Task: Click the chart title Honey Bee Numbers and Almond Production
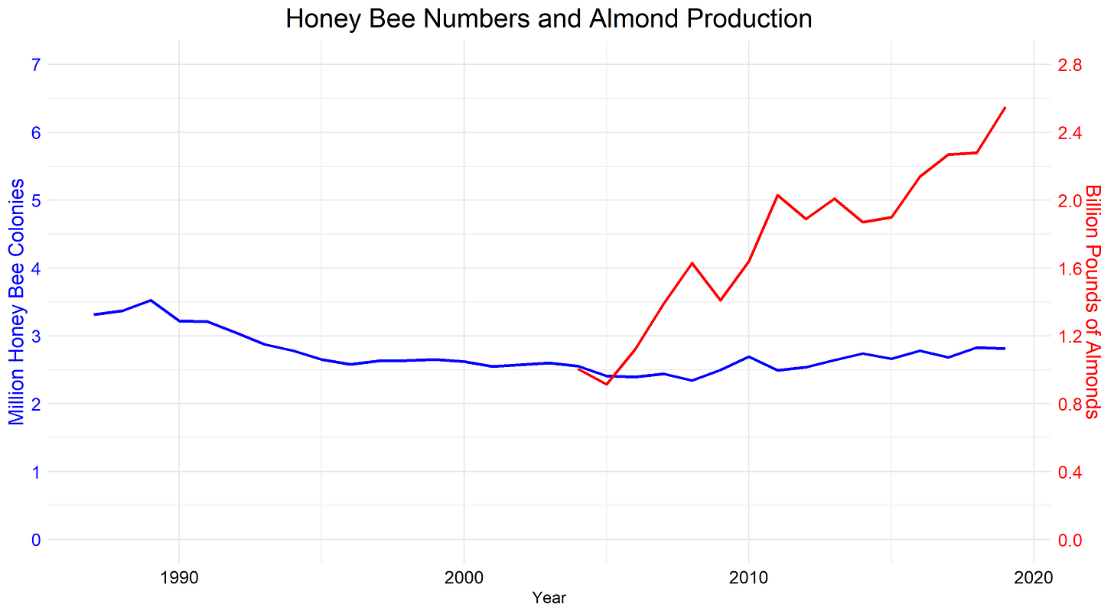pos(549,18)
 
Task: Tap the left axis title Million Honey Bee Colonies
pos(17,302)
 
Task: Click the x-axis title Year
pos(549,598)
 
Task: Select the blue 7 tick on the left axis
pos(35,65)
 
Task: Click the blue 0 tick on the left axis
pos(35,540)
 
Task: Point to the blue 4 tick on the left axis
pos(35,268)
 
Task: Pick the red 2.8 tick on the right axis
pos(1069,65)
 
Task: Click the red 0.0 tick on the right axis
pos(1069,540)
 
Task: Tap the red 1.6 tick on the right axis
pos(1069,268)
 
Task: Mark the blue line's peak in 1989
pos(151,301)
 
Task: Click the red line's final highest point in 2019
pos(1005,108)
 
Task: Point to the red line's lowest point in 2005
pos(606,384)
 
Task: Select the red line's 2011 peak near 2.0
pos(777,195)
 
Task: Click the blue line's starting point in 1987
pos(94,314)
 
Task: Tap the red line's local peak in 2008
pos(692,263)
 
